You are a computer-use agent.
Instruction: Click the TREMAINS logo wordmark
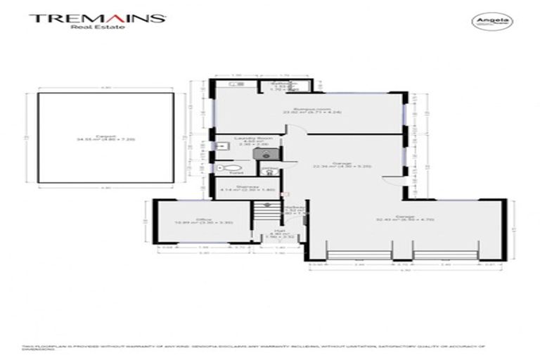tap(96, 18)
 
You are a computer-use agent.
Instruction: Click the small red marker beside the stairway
tap(285, 193)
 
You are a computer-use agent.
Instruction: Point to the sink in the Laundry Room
tap(236, 153)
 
